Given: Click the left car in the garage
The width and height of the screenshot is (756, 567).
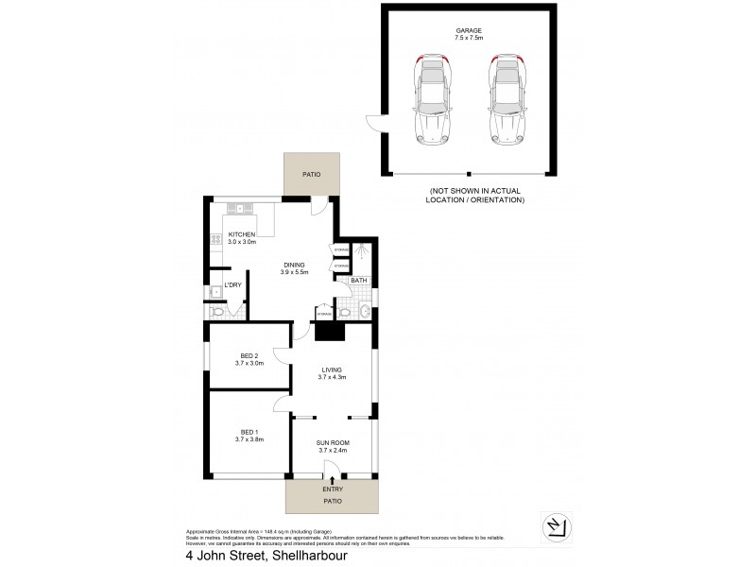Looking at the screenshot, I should coord(431,98).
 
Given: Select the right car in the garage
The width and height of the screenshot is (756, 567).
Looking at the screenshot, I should coord(506,98).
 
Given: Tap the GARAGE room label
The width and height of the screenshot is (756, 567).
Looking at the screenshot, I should coord(468,31).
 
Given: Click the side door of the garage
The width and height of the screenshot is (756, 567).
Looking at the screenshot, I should coord(375,124).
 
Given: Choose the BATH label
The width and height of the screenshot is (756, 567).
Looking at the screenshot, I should coord(359,281).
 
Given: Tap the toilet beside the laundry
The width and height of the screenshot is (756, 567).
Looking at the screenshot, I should coord(218,312).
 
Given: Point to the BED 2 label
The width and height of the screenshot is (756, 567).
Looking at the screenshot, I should coord(249,355).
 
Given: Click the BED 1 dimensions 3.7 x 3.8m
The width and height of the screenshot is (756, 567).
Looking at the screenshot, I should coord(249,439).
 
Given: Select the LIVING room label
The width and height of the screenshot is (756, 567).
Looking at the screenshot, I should coord(332,369).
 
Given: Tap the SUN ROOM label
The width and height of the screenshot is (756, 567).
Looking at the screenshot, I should coord(332,442).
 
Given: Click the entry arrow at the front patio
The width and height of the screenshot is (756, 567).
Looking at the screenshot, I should coord(332,480).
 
